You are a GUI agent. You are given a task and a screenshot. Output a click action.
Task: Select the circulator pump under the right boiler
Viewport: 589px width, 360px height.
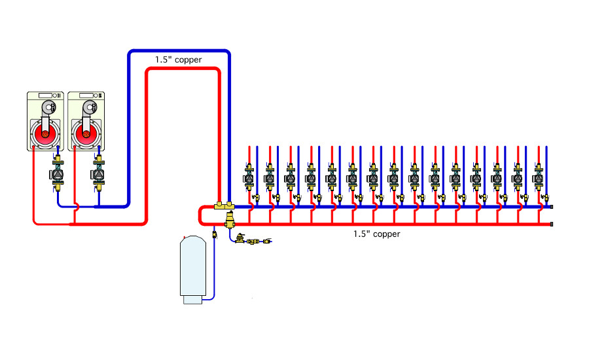[99, 175]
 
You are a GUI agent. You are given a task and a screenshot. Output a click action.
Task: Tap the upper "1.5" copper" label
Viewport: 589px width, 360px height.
[178, 60]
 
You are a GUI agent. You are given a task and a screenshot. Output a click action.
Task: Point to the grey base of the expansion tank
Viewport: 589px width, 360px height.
[194, 300]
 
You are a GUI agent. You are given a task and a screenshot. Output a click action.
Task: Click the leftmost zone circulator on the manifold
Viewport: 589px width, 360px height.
[250, 177]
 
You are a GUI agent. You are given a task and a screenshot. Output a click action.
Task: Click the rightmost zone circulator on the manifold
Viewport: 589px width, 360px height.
[539, 177]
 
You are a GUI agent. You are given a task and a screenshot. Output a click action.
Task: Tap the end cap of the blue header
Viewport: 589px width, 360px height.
[552, 207]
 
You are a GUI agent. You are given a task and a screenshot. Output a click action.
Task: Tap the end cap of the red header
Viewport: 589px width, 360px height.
[552, 225]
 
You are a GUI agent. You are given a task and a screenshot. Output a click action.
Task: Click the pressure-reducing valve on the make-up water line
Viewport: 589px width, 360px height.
[241, 240]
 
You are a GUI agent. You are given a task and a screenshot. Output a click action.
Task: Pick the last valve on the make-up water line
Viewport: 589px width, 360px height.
[266, 242]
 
